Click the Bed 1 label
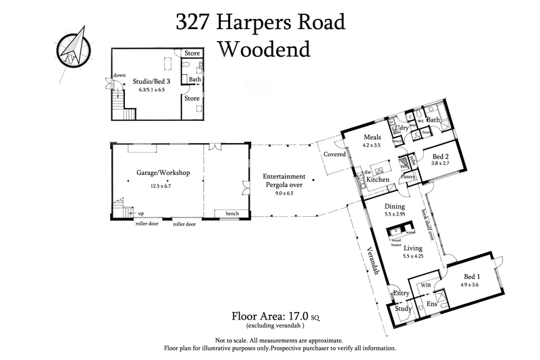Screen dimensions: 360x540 (x=473, y=278)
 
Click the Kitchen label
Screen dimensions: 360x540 (x=378, y=180)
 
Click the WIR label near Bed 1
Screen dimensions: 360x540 (x=425, y=286)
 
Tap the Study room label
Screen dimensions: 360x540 (x=404, y=309)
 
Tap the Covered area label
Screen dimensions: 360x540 (x=335, y=155)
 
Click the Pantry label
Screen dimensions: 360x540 (x=408, y=177)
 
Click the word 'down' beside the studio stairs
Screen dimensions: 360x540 (x=119, y=76)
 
